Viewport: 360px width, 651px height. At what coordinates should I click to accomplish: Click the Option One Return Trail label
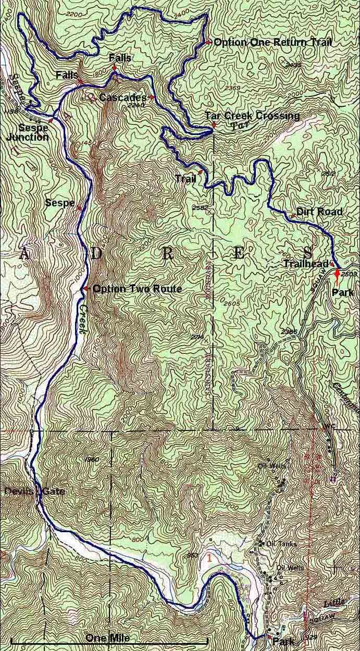tap(272, 42)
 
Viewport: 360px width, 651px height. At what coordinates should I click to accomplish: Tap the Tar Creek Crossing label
tap(252, 116)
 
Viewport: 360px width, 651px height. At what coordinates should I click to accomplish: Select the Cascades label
tap(122, 97)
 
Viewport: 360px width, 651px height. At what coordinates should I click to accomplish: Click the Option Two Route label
tap(136, 289)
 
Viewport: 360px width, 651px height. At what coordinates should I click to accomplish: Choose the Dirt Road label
tap(319, 212)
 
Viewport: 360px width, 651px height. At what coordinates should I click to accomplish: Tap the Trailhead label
tap(305, 264)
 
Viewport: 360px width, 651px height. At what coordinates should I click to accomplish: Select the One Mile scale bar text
tap(107, 638)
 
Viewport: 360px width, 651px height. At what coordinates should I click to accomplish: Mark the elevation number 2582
tap(201, 208)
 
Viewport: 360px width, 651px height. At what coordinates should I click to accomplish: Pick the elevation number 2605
tap(230, 303)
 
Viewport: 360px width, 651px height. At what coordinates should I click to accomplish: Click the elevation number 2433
tap(294, 65)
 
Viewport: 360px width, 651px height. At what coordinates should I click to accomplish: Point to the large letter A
tap(24, 254)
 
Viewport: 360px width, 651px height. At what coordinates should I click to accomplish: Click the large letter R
tap(167, 254)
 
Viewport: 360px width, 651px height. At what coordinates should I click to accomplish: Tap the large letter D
tap(96, 254)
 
